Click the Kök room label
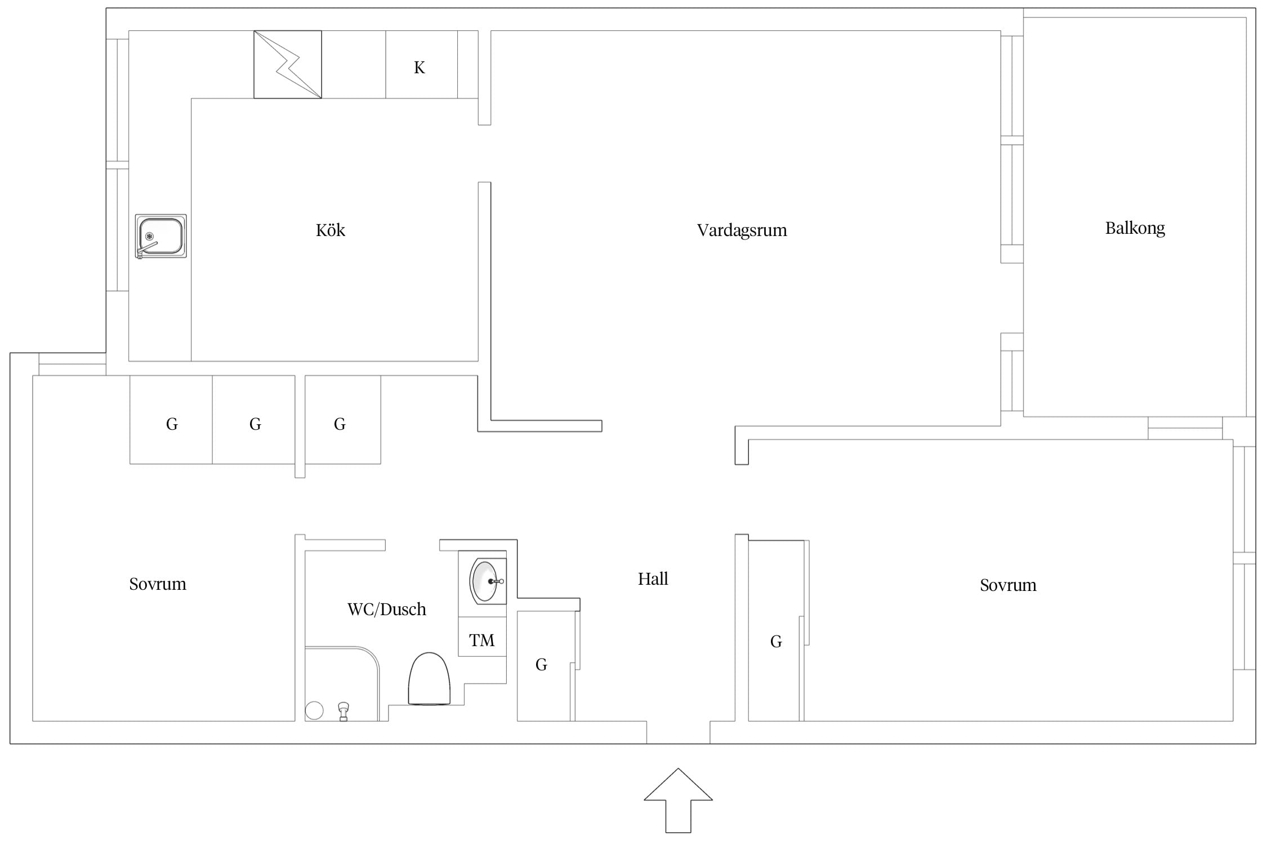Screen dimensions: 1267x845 click(330, 230)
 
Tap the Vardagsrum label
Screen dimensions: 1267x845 click(742, 230)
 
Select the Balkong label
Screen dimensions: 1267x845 click(1135, 228)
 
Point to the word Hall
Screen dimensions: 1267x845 click(653, 579)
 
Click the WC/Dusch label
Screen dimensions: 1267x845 click(387, 609)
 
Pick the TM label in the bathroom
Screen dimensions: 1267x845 click(481, 640)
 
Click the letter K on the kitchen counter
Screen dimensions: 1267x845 click(419, 68)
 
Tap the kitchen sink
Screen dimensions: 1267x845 click(161, 236)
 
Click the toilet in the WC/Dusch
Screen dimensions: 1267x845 click(429, 679)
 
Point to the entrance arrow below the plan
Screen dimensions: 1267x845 click(678, 800)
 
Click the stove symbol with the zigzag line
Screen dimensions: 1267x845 click(288, 65)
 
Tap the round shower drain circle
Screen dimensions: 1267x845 click(314, 711)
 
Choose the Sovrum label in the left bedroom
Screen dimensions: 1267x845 click(158, 584)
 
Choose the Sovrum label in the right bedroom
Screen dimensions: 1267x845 click(1008, 585)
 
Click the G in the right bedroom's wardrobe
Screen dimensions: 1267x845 click(776, 641)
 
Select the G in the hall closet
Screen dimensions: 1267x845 click(541, 665)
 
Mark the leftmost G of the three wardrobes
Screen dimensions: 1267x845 click(172, 424)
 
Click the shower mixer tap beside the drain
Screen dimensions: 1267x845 click(343, 711)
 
